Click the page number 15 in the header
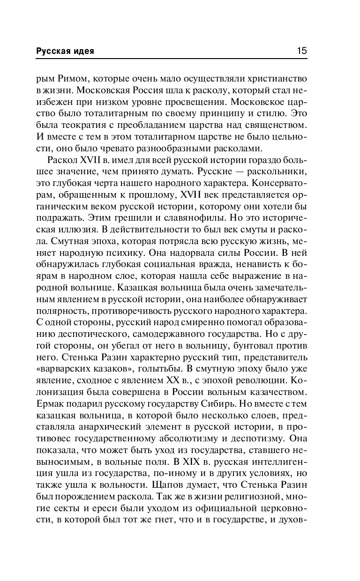tap(302, 51)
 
